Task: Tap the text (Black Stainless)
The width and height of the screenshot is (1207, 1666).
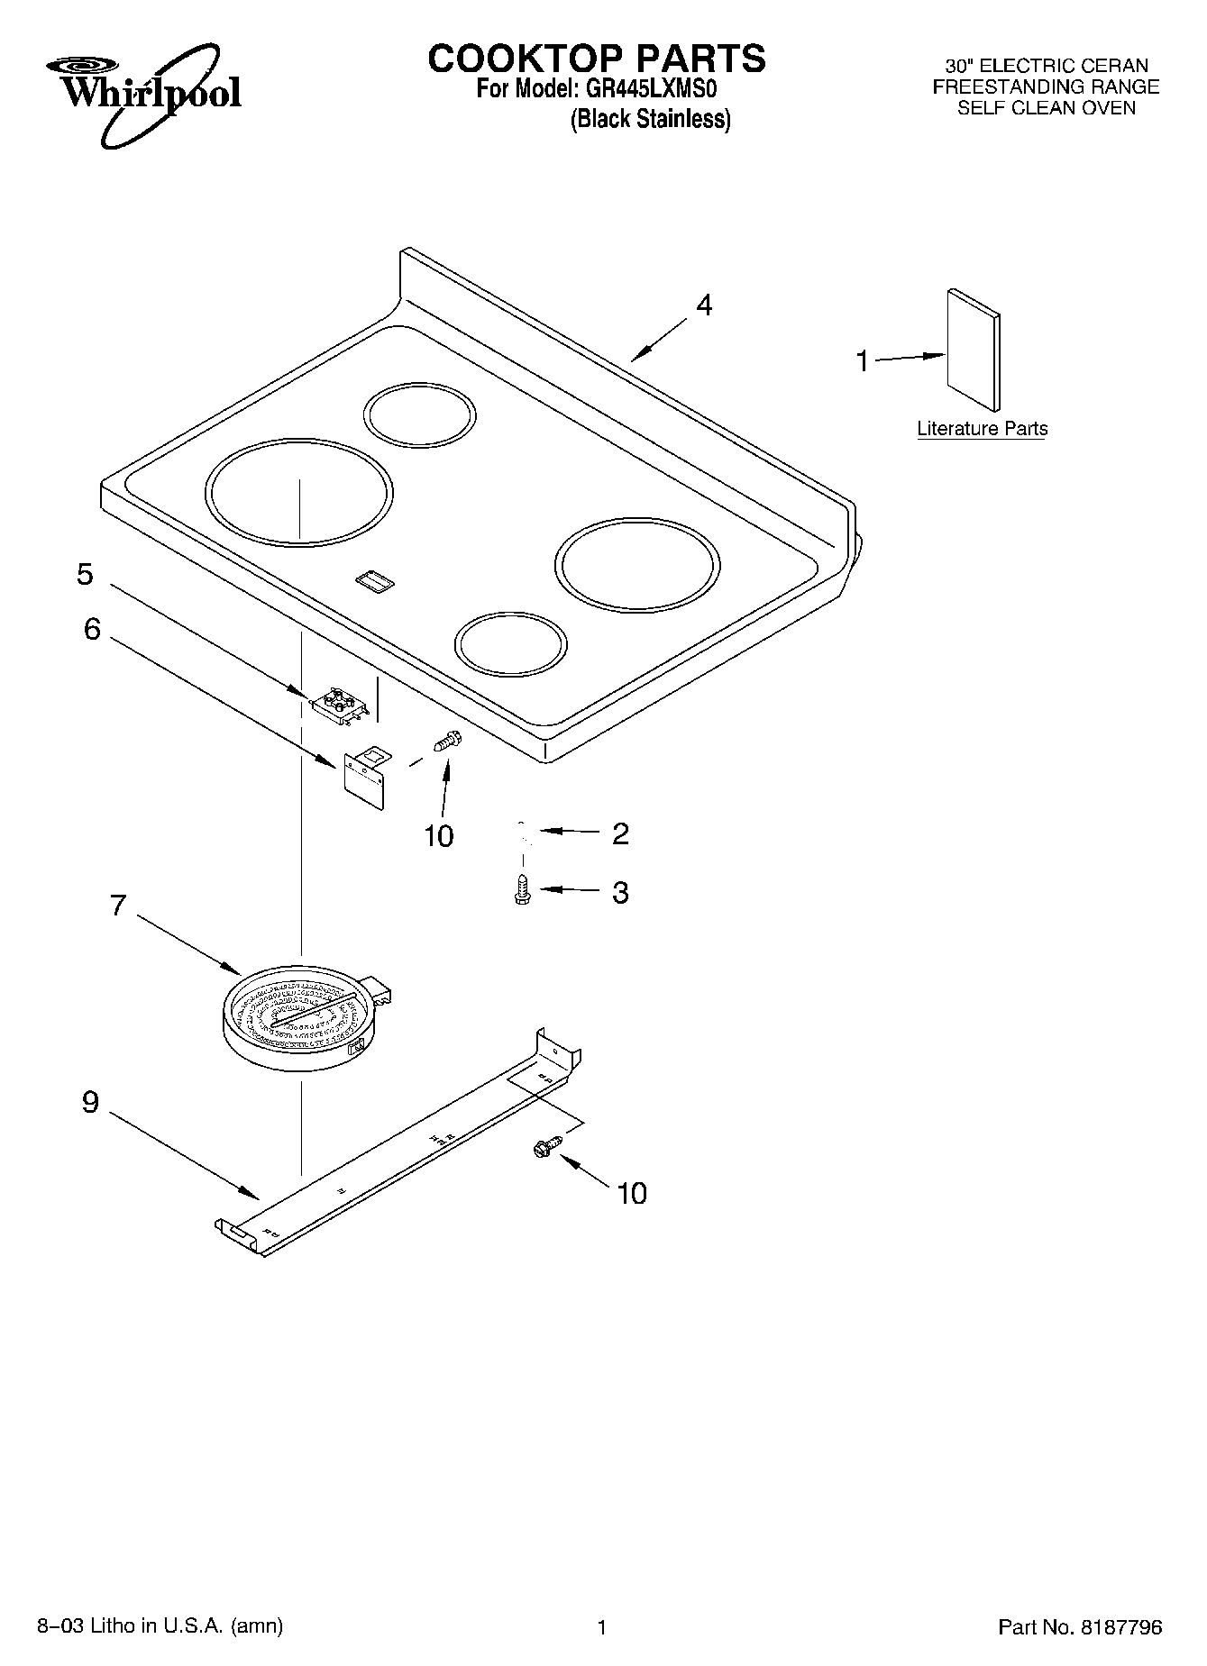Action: pyautogui.click(x=650, y=119)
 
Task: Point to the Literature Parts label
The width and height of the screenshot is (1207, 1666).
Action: pyautogui.click(x=982, y=429)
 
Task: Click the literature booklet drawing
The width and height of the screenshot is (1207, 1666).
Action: pyautogui.click(x=973, y=350)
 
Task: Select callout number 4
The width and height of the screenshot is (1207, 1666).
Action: pyautogui.click(x=704, y=305)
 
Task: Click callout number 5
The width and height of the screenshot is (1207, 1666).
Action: pyautogui.click(x=85, y=574)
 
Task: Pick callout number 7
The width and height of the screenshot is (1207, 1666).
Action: pyautogui.click(x=118, y=905)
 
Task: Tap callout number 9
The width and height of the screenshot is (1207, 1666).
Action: pyautogui.click(x=90, y=1101)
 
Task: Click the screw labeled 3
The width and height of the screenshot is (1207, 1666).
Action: pyautogui.click(x=521, y=889)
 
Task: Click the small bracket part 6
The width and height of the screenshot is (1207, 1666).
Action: pyautogui.click(x=366, y=774)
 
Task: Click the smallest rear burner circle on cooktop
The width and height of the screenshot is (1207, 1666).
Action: pyautogui.click(x=420, y=414)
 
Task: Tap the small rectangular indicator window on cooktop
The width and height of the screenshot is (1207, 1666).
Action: pyautogui.click(x=376, y=581)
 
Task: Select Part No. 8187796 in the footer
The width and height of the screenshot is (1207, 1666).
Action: pyautogui.click(x=1079, y=1626)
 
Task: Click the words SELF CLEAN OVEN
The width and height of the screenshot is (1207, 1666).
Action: pyautogui.click(x=1046, y=108)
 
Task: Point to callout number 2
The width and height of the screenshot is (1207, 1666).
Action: pyautogui.click(x=619, y=833)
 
